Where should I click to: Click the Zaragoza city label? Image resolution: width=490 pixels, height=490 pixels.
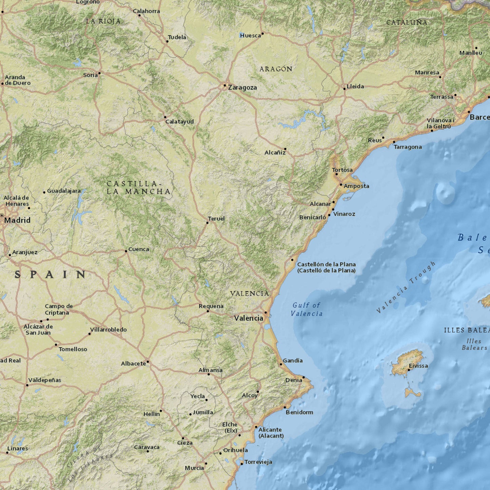242,87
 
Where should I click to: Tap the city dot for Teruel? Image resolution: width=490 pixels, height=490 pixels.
208,223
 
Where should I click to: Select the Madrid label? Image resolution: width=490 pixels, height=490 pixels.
17,220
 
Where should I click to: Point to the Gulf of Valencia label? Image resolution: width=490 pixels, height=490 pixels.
307,309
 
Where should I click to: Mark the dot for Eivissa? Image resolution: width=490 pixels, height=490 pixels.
409,370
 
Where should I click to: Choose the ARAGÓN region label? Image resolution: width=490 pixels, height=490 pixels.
276,69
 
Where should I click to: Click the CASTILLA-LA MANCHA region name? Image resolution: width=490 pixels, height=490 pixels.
138,188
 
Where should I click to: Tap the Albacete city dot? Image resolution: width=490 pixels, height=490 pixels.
148,362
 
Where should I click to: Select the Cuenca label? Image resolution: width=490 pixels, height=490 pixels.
138,249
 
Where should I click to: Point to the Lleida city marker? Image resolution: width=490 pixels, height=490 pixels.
345,89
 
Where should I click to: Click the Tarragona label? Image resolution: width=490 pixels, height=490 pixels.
408,147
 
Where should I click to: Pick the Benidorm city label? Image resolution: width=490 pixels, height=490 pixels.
299,412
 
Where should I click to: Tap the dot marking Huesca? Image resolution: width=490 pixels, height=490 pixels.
262,34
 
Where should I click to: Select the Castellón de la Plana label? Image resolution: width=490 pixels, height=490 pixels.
326,267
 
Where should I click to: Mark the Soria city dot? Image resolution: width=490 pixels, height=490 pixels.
99,73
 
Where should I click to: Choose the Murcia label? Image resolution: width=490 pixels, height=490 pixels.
194,468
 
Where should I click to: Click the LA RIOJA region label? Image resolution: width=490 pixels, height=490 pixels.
103,21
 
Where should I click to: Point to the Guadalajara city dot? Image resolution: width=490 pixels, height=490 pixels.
44,192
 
